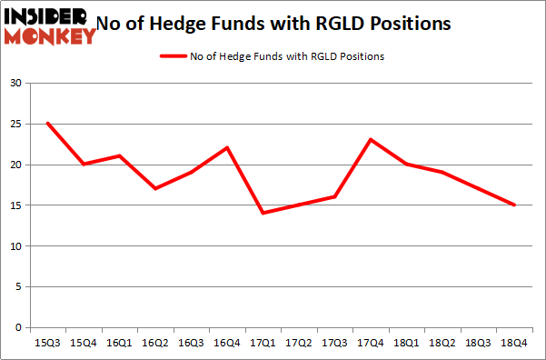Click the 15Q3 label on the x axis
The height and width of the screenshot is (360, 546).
[x=47, y=344]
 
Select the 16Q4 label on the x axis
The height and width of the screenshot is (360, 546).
[x=227, y=344]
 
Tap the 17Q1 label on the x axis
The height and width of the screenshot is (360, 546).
[x=263, y=344]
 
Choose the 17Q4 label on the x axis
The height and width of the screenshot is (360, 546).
[x=371, y=344]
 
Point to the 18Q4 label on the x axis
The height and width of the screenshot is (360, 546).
[x=514, y=344]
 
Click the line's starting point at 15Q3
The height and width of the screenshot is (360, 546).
[x=47, y=124]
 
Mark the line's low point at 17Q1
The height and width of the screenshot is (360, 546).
[x=263, y=213]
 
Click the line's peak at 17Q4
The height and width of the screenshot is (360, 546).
[x=371, y=140]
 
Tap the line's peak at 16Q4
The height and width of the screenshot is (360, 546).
[x=227, y=148]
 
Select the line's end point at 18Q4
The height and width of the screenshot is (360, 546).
[x=514, y=205]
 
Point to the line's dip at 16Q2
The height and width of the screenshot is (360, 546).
[x=155, y=188]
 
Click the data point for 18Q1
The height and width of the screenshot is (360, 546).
[x=406, y=165]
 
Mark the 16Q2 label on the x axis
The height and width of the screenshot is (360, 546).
[x=155, y=344]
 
